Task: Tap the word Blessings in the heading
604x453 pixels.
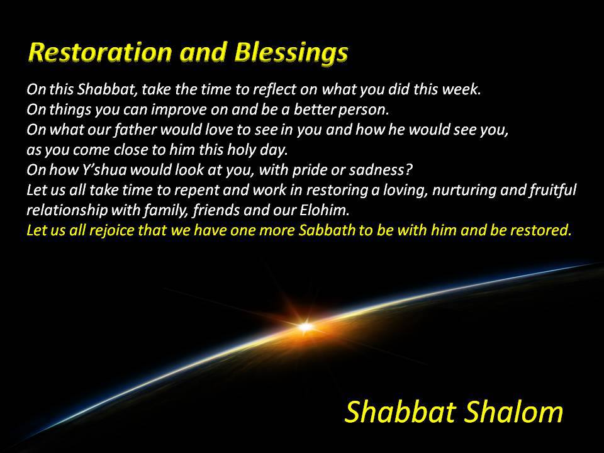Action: click(x=291, y=53)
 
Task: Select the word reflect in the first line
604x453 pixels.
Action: click(x=279, y=89)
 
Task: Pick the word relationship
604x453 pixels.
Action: click(x=67, y=210)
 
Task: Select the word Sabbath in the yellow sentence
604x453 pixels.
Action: click(x=327, y=230)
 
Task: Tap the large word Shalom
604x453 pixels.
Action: click(x=513, y=411)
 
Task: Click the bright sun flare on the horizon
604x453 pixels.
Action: click(x=306, y=327)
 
